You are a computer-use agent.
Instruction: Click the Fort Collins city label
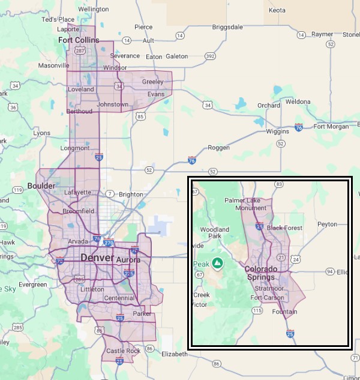coord(79,40)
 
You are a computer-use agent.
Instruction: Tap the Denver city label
coord(97,258)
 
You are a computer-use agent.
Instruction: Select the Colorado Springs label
coord(261,273)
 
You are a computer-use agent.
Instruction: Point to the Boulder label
coord(41,186)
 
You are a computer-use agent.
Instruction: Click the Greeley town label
coord(152,82)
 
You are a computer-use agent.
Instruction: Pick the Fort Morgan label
coord(331,126)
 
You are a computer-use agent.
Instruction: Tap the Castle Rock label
coord(123,351)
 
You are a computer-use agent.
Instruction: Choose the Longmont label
coord(75,148)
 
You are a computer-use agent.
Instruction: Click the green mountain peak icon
coord(218,263)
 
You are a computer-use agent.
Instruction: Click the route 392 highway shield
coord(210,56)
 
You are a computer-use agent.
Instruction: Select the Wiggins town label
coord(277,131)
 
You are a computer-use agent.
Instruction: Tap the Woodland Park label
coord(215,233)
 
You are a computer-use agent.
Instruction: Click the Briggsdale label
coord(228,27)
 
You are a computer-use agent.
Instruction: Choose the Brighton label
coord(131,194)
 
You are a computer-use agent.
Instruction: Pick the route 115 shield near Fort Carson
coord(257,310)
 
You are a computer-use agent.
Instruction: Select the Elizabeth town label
coord(175,354)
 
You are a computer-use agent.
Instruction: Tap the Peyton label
coord(328,224)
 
